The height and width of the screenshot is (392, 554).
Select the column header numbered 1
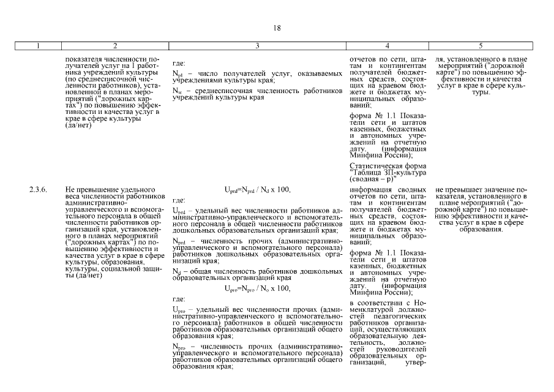tap(38, 46)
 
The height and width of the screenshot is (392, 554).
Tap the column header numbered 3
tap(257, 46)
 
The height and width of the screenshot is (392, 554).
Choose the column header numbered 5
tap(481, 46)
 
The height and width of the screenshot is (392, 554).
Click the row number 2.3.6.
tap(38, 189)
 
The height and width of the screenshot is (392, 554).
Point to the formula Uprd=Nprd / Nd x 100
tap(257, 190)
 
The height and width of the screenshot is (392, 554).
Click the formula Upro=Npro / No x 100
tap(257, 288)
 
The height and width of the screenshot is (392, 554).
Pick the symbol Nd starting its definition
tap(176, 271)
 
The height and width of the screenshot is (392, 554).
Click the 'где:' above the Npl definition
tap(179, 63)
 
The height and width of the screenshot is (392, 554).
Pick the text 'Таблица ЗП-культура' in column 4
tap(387, 173)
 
